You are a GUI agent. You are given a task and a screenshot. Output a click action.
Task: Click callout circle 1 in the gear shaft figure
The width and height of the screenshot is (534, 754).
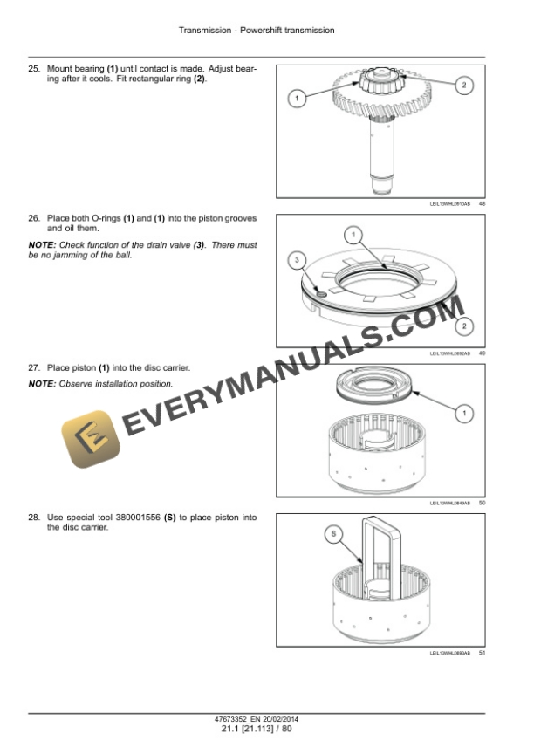297,99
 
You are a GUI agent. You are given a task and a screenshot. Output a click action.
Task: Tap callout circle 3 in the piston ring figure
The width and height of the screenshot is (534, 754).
297,260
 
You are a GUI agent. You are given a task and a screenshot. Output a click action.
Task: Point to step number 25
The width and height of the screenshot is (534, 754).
34,68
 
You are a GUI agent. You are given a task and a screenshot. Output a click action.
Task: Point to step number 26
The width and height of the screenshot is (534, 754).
34,217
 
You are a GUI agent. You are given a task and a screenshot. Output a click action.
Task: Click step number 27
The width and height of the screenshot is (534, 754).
34,367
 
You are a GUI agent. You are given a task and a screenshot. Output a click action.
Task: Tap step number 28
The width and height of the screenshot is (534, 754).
34,518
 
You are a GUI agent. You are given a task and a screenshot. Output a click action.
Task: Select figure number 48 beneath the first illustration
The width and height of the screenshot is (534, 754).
482,204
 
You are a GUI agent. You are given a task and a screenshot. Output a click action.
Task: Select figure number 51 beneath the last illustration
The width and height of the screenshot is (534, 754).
482,653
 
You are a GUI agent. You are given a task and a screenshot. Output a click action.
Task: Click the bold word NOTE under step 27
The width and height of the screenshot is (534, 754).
42,384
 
